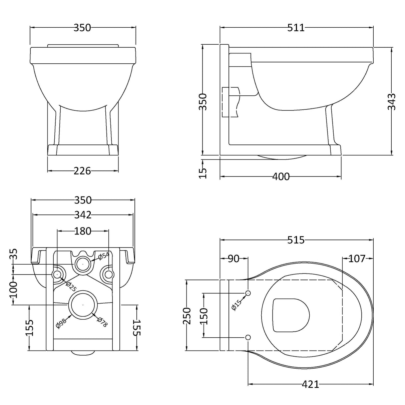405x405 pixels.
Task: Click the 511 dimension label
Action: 296,28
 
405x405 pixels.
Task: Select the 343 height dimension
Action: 392,102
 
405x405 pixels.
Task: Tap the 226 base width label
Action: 82,171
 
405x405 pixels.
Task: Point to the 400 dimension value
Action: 281,176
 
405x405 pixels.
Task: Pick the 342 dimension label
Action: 82,215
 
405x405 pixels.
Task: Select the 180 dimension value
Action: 83,231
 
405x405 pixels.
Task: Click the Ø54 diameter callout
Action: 103,255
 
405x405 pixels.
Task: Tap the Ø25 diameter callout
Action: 71,286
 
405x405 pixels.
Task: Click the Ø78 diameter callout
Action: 102,322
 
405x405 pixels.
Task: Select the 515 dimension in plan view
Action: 296,240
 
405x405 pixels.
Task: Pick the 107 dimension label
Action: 357,259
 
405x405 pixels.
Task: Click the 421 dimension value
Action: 310,385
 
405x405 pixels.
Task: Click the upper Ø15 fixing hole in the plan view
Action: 248,293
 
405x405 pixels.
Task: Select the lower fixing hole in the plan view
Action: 248,337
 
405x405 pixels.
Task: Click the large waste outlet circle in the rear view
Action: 82,305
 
